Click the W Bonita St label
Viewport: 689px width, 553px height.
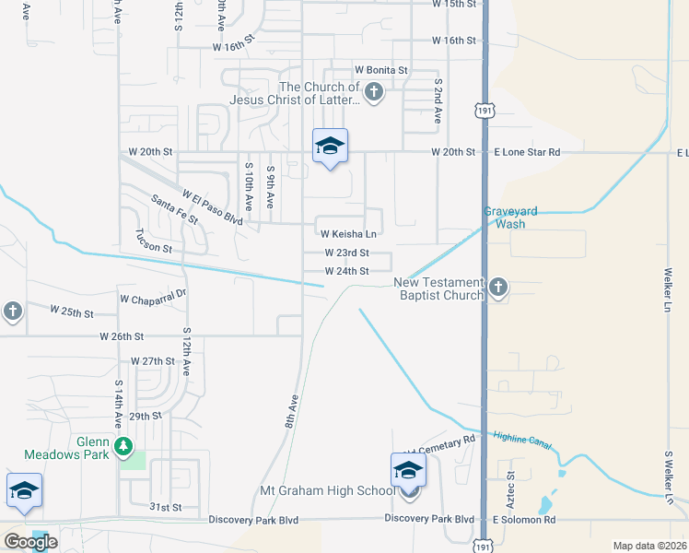coord(381,70)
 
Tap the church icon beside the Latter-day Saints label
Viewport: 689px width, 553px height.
coord(374,91)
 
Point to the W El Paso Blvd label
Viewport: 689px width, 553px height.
coord(212,208)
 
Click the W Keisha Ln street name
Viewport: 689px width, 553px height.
coord(348,234)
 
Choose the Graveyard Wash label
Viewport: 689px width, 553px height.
coord(505,218)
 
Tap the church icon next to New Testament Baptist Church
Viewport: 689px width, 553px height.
coord(498,287)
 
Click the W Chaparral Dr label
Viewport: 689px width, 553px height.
coord(153,298)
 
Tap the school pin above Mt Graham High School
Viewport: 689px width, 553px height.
coord(408,470)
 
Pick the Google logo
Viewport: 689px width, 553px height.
coord(30,542)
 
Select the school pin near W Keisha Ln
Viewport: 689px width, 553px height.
coord(330,147)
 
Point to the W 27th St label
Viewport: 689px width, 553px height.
coord(153,361)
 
